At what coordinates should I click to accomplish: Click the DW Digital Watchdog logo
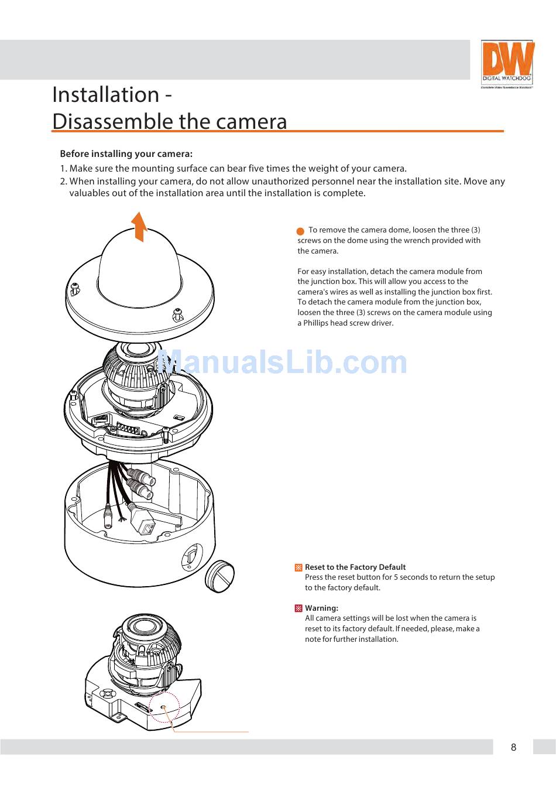(507, 64)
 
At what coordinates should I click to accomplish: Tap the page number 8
(513, 747)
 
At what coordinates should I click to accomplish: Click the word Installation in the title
(106, 95)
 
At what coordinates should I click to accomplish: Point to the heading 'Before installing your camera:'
(126, 154)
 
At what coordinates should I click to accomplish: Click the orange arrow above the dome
(139, 226)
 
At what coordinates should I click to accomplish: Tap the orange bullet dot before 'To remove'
(300, 231)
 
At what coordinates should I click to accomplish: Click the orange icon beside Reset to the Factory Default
(298, 567)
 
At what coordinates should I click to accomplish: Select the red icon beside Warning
(298, 608)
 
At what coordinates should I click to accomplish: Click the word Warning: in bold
(321, 608)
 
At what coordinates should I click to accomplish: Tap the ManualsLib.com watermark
(282, 363)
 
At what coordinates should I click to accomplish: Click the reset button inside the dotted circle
(164, 708)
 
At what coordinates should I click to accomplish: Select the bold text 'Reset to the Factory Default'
(355, 567)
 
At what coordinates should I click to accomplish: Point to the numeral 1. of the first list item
(63, 169)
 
